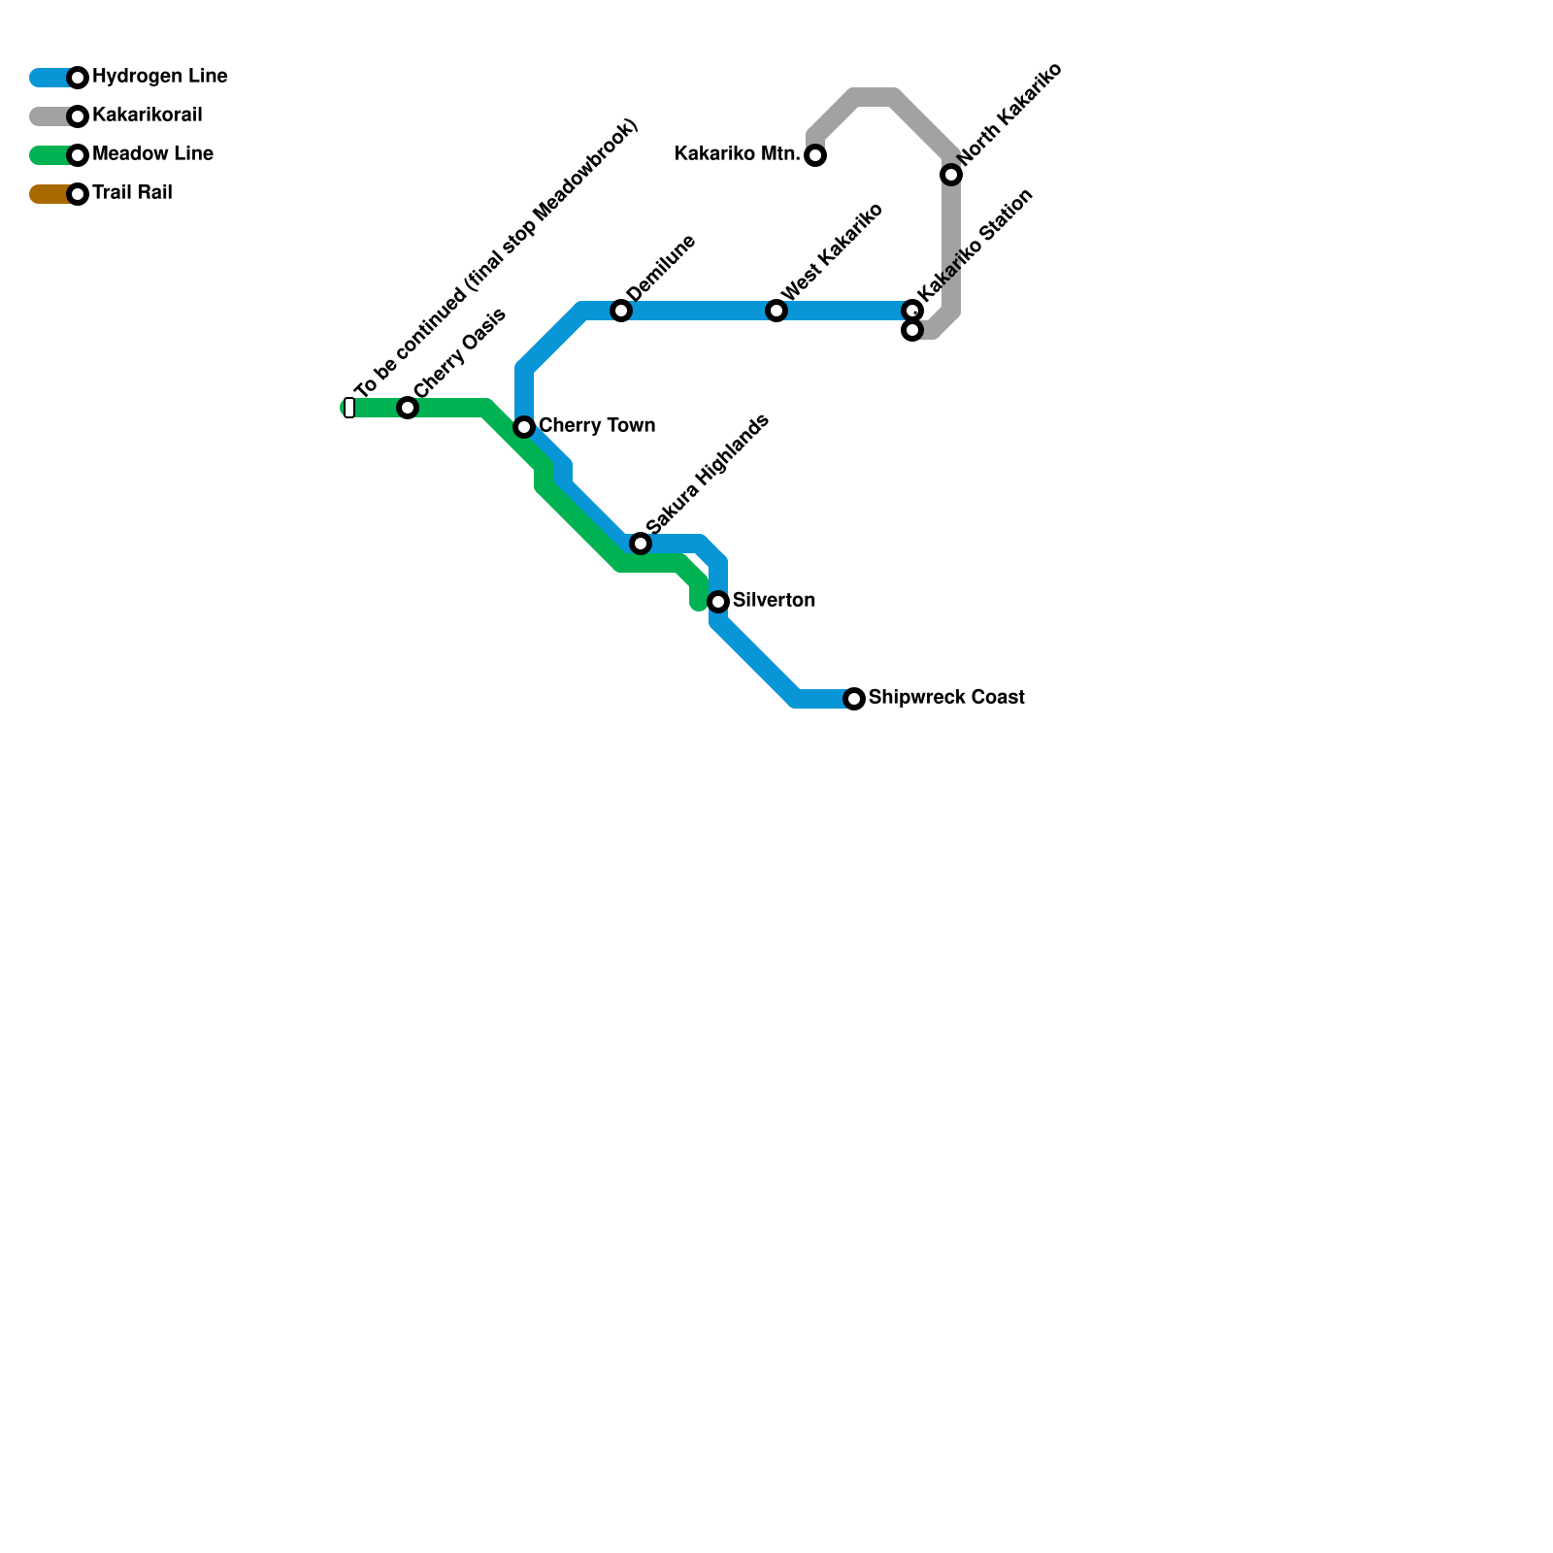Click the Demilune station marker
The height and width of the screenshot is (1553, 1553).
pyautogui.click(x=621, y=311)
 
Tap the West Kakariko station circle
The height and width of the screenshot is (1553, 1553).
pyautogui.click(x=776, y=311)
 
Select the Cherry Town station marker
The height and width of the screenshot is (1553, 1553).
pyautogui.click(x=524, y=427)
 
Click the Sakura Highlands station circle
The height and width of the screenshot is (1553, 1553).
pyautogui.click(x=641, y=544)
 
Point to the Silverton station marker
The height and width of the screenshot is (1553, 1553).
pyautogui.click(x=718, y=602)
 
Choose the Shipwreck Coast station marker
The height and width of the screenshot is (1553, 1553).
pyautogui.click(x=854, y=699)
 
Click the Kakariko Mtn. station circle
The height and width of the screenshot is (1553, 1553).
pyautogui.click(x=815, y=155)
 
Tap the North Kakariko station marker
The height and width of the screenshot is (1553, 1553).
pyautogui.click(x=951, y=175)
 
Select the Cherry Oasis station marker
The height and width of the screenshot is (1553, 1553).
pyautogui.click(x=408, y=408)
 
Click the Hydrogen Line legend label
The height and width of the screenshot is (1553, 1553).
pyautogui.click(x=159, y=77)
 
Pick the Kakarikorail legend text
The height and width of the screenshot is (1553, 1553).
pyautogui.click(x=147, y=116)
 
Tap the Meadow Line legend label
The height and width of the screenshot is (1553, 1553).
pyautogui.click(x=152, y=154)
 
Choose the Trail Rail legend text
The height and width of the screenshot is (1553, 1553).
pyautogui.click(x=132, y=193)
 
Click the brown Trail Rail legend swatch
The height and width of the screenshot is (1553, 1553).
pyautogui.click(x=49, y=194)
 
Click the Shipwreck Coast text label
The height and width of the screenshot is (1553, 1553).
pyautogui.click(x=946, y=698)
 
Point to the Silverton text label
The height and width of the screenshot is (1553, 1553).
pyautogui.click(x=774, y=601)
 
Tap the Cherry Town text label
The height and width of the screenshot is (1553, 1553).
pyautogui.click(x=597, y=426)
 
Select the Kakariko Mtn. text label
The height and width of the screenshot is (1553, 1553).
pyautogui.click(x=737, y=154)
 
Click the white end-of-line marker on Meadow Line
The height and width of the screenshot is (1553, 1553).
pyautogui.click(x=349, y=408)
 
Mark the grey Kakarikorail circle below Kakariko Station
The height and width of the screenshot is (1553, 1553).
pyautogui.click(x=912, y=331)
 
